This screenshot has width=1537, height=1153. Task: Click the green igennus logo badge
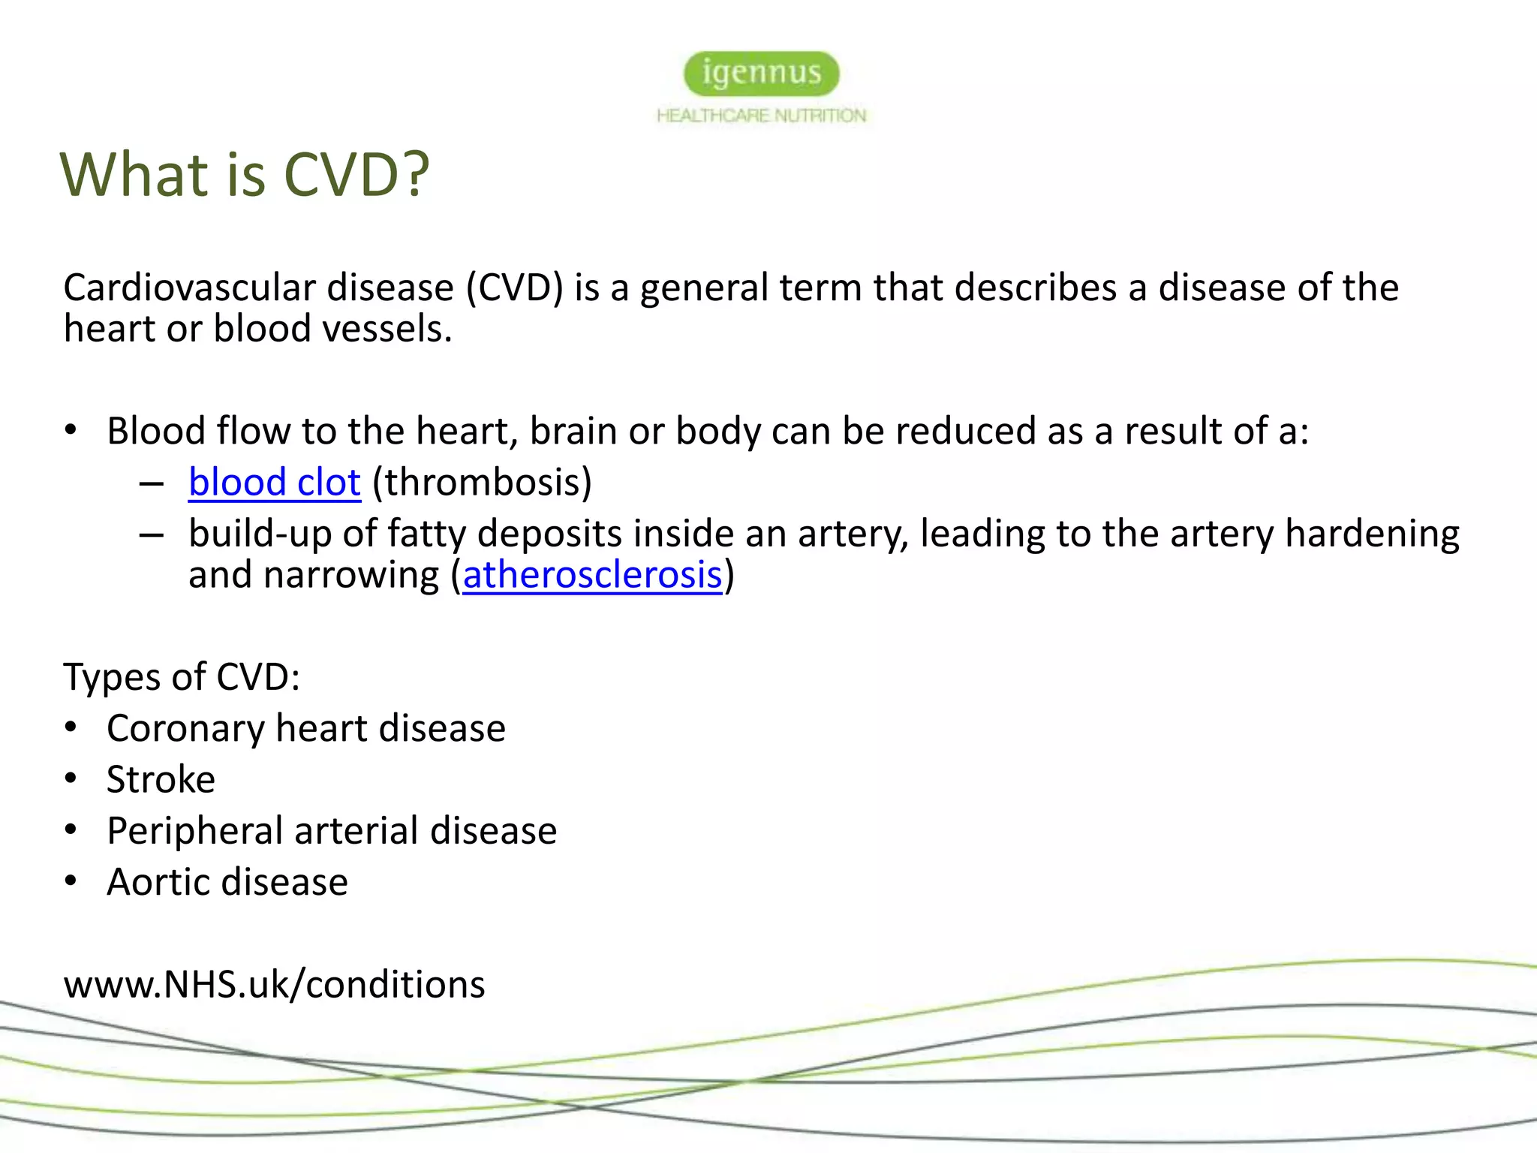point(761,74)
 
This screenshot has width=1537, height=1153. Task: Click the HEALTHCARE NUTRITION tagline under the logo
point(761,116)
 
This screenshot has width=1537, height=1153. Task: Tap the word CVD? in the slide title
point(356,174)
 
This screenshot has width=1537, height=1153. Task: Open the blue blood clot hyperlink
point(275,482)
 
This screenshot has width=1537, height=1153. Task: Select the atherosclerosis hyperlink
point(592,575)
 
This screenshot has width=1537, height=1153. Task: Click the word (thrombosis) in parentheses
point(482,482)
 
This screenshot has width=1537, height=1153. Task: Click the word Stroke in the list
point(161,779)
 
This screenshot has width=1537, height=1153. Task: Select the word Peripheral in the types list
point(194,831)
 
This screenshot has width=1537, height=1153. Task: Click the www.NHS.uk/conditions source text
point(275,984)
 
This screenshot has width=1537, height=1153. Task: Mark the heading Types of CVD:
point(182,676)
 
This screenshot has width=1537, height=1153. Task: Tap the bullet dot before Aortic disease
point(71,881)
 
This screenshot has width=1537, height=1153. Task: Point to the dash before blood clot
point(152,484)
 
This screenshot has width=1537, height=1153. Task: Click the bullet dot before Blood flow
point(71,430)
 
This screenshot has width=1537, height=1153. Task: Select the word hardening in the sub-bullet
point(1372,534)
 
